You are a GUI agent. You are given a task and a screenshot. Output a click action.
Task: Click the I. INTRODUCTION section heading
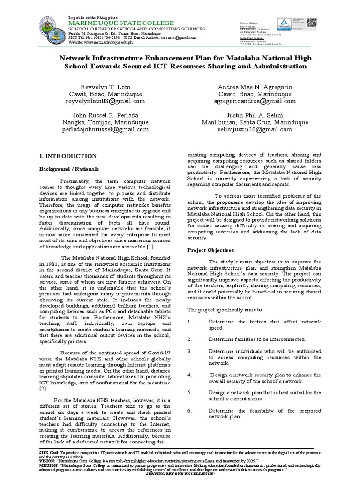point(68,156)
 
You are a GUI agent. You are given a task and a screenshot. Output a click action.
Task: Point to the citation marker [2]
point(43,389)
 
